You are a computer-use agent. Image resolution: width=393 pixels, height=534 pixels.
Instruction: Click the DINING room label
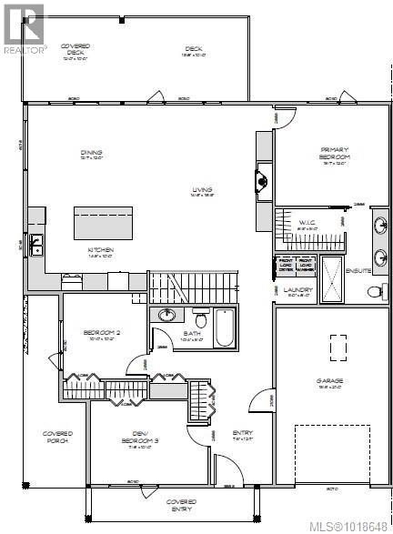(x=90, y=153)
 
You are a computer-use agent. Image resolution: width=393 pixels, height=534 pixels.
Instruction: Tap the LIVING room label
(x=201, y=190)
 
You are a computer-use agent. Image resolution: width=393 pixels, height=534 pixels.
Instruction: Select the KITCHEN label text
(x=100, y=249)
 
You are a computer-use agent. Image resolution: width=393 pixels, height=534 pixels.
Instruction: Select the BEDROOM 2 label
(x=97, y=333)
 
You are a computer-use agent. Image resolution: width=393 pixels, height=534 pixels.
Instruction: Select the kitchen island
(x=102, y=222)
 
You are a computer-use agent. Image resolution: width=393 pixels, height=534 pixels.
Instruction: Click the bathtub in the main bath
(x=224, y=327)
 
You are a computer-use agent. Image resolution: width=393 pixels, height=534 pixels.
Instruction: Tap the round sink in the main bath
(x=167, y=316)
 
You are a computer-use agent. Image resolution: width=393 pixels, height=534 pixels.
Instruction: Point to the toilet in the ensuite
(x=374, y=291)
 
